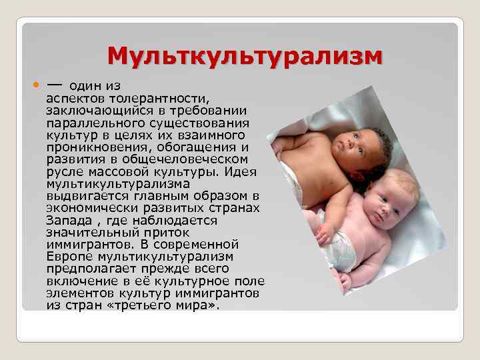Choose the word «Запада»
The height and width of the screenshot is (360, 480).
pyautogui.click(x=67, y=220)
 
